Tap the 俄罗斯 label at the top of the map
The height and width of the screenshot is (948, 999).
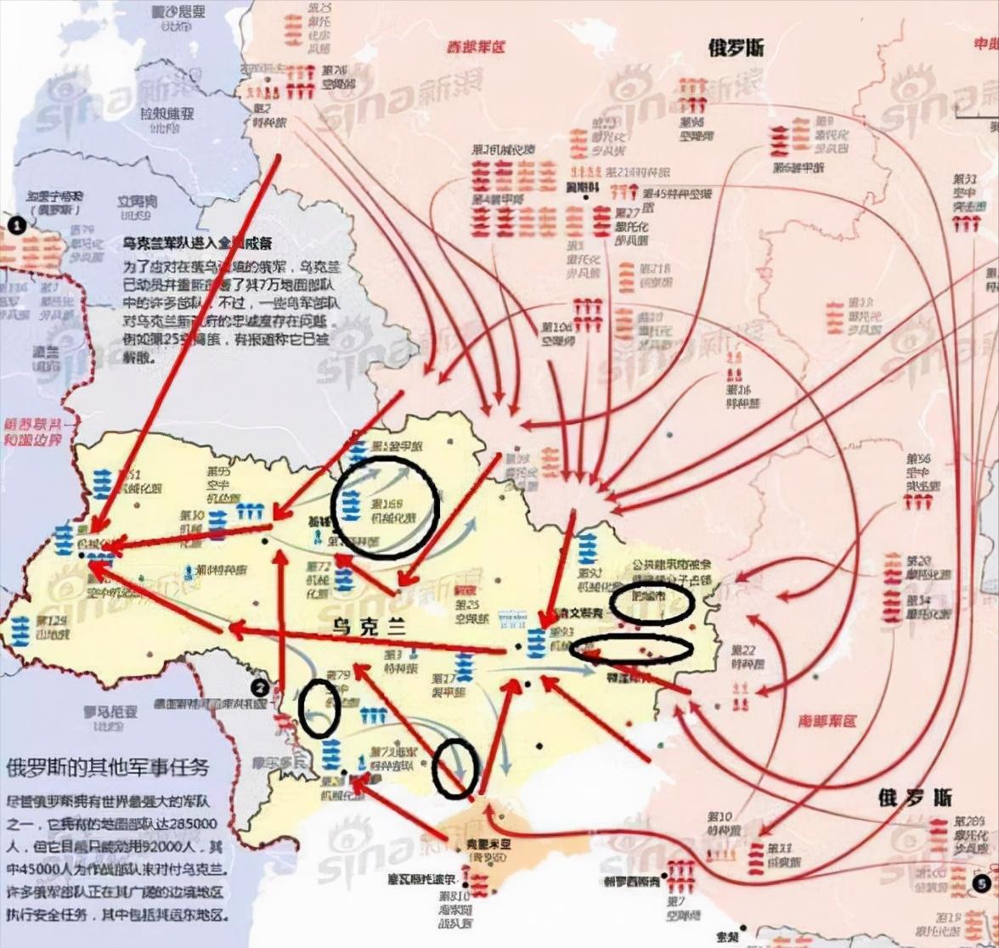point(736,48)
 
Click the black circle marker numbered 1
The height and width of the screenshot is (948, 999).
point(16,224)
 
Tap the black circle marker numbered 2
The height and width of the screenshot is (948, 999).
point(260,687)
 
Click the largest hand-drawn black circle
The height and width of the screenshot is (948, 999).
point(385,507)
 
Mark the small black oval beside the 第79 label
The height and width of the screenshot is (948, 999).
point(319,708)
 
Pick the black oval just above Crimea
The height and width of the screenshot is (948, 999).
point(454,768)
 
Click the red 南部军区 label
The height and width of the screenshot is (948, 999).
point(827,721)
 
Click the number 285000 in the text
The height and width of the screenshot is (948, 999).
point(191,824)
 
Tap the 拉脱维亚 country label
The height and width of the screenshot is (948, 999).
point(166,113)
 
